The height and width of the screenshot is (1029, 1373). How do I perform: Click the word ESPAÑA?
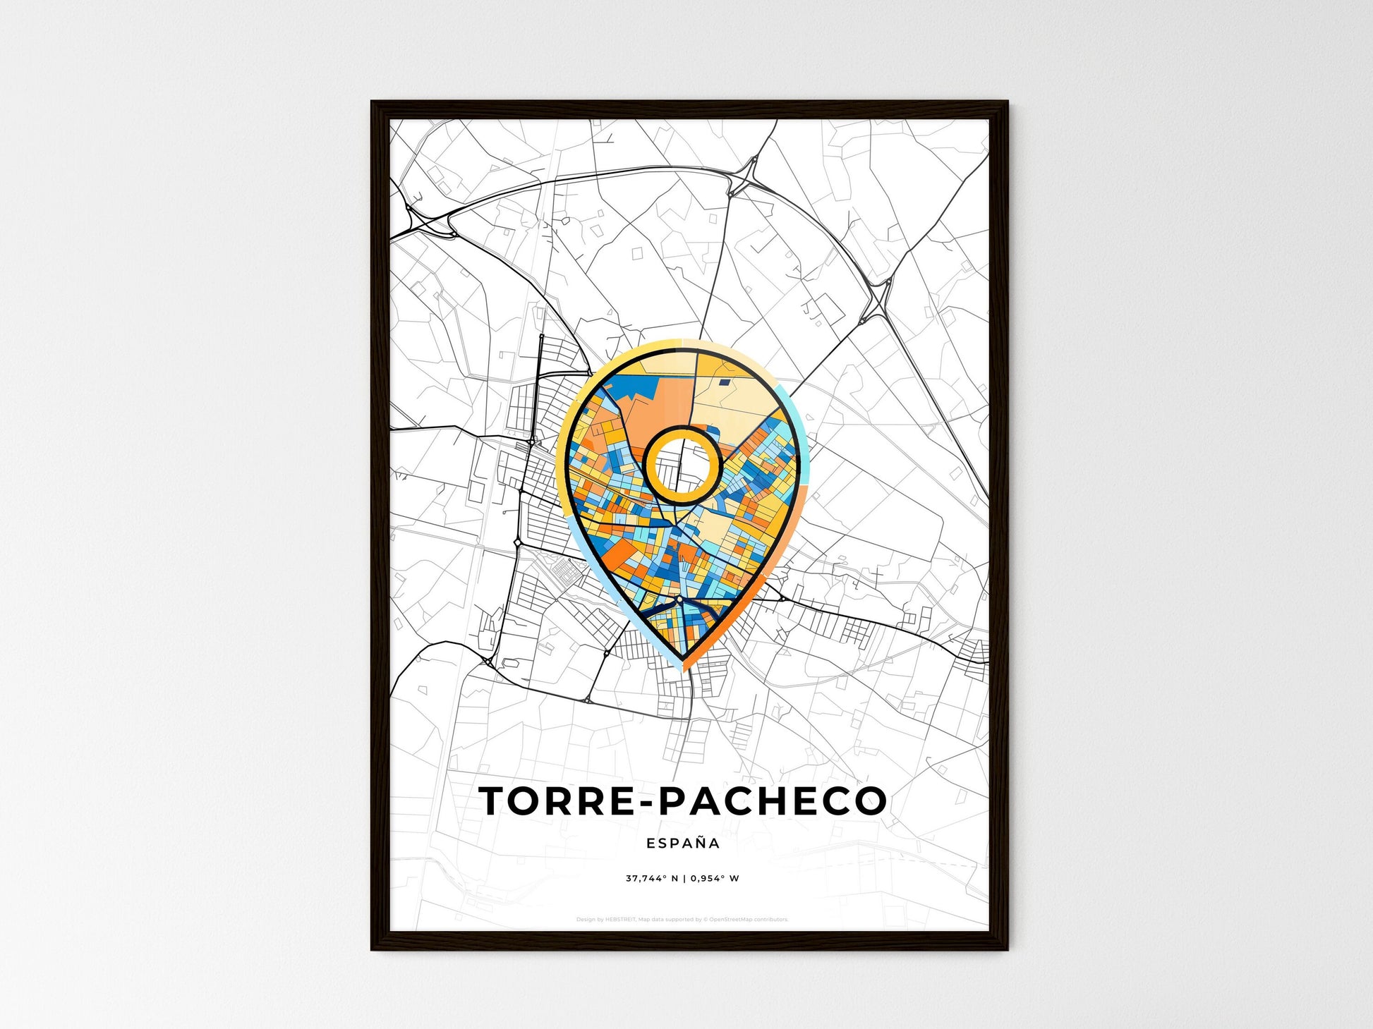[x=683, y=843]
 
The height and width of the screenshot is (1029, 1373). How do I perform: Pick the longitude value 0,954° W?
[x=715, y=879]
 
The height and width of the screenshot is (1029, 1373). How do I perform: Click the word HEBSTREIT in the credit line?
[x=620, y=920]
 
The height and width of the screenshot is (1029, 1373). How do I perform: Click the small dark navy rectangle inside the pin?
[x=724, y=383]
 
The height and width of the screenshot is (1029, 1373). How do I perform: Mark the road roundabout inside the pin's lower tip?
[x=679, y=599]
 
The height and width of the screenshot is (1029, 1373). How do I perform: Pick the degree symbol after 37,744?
[x=664, y=877]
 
